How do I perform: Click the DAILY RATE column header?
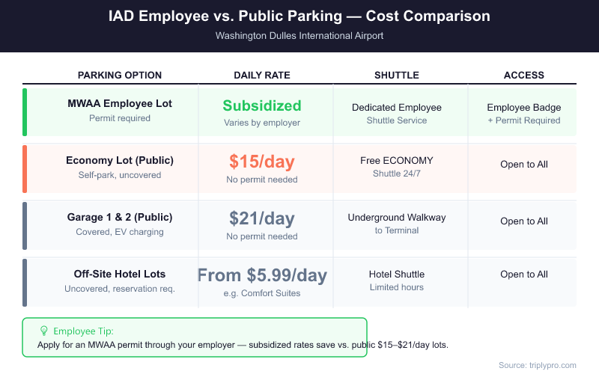[261, 75]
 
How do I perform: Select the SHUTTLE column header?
[396, 75]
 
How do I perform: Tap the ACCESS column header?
[523, 75]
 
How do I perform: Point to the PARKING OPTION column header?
[120, 75]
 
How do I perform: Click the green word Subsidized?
[261, 105]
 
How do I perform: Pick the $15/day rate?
[261, 162]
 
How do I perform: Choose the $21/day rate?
[261, 218]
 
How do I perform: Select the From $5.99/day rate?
[261, 275]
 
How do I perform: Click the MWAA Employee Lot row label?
[120, 104]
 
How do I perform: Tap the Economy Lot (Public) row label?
[120, 160]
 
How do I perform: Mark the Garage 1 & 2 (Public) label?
[120, 217]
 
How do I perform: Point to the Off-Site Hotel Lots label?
[120, 274]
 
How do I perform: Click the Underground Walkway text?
[396, 217]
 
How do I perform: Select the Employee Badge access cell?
[523, 107]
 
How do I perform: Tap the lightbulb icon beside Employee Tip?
[44, 331]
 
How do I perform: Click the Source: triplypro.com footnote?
[537, 364]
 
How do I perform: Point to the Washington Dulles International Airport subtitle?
[299, 35]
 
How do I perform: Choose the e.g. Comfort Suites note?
[261, 292]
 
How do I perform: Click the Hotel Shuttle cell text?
[396, 274]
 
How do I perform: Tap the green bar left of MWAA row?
[25, 112]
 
